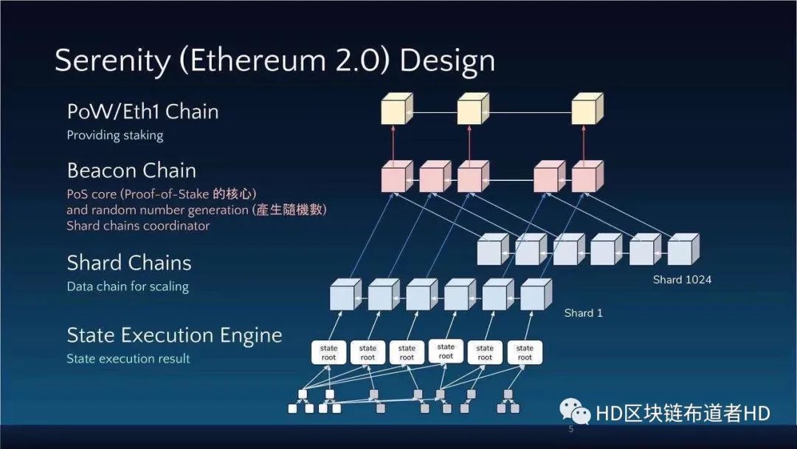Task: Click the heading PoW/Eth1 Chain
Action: (142, 112)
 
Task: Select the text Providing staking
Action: (114, 135)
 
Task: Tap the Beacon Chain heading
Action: (131, 171)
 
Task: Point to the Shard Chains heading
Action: (128, 263)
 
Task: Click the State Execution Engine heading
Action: (174, 335)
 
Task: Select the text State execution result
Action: (128, 359)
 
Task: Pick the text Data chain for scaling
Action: (128, 287)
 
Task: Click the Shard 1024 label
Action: (682, 280)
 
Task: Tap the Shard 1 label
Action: (583, 313)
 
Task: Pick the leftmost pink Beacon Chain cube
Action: (394, 177)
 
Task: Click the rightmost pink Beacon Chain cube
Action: (586, 177)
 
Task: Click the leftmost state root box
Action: (329, 353)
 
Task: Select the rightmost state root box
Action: (525, 353)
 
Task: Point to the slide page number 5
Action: (570, 429)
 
